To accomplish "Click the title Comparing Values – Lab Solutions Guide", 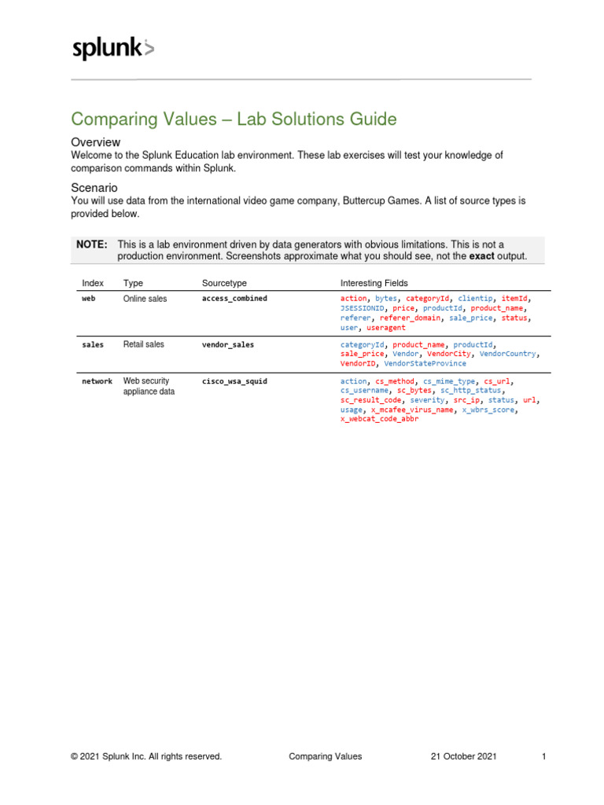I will [x=234, y=119].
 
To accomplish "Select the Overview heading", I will [x=95, y=142].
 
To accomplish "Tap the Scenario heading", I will [x=94, y=188].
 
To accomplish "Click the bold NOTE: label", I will [x=91, y=245].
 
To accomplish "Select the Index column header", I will [x=93, y=282].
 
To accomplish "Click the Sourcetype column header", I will [x=224, y=282].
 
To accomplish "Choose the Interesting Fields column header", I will [x=374, y=282].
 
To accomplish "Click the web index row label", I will [x=89, y=299].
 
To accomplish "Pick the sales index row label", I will [x=93, y=344].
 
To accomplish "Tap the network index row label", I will [x=97, y=381].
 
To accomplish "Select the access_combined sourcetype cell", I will [x=234, y=299].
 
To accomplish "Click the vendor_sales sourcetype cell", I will [x=228, y=345].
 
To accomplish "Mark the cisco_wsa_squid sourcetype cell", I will [x=234, y=381].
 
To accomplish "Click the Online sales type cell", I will [x=145, y=299].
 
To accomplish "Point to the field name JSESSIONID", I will [x=363, y=309].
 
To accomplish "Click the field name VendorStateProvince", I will [x=425, y=364].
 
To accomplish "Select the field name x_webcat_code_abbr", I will [x=379, y=419].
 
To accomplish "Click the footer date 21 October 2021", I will [x=464, y=756].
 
